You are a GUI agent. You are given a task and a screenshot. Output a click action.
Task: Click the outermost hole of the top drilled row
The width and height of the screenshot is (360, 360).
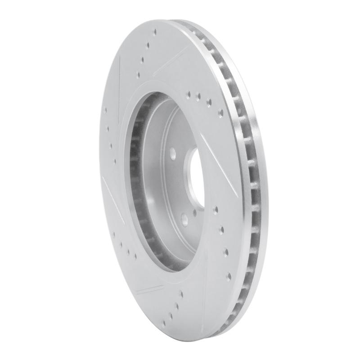[x=155, y=32]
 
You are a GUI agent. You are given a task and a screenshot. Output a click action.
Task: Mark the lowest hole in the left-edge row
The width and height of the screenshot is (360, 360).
[x=116, y=159]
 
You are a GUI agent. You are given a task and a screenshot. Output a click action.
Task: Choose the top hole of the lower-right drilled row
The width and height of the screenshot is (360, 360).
[x=216, y=208]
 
